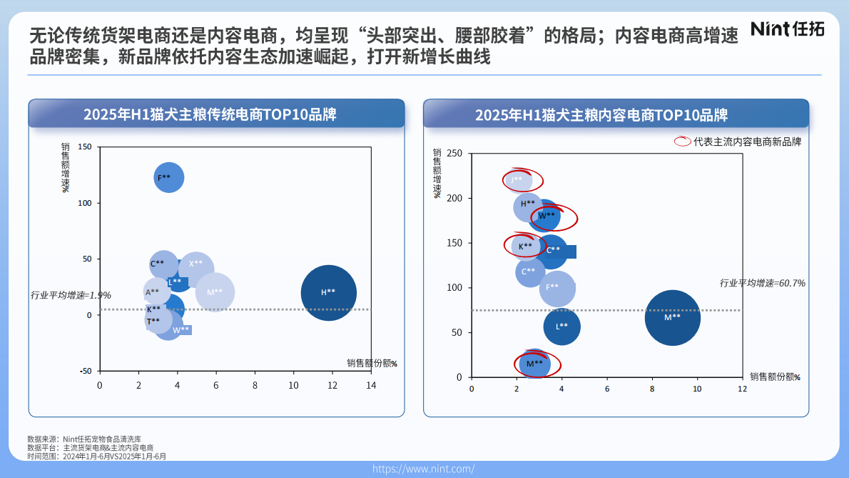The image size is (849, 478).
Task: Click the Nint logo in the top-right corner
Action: point(787,29)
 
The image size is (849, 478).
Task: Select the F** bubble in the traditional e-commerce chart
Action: point(169,178)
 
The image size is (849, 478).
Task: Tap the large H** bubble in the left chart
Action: point(328,292)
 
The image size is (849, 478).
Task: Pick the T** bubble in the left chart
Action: point(156,321)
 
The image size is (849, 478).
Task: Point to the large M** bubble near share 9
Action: point(672,317)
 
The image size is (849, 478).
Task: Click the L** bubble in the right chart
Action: point(562,327)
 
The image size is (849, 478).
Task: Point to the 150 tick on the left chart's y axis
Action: point(85,147)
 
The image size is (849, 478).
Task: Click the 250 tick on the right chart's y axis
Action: point(454,154)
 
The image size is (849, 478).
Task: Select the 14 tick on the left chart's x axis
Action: point(370,385)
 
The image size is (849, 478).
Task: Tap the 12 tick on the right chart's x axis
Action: point(742,389)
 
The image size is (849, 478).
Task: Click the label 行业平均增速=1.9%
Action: point(71,295)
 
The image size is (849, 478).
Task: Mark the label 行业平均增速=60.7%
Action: point(762,284)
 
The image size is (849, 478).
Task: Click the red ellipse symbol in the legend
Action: point(683,141)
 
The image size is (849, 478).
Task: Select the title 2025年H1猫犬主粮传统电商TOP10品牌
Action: point(210,114)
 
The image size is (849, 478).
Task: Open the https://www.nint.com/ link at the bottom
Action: point(423,469)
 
